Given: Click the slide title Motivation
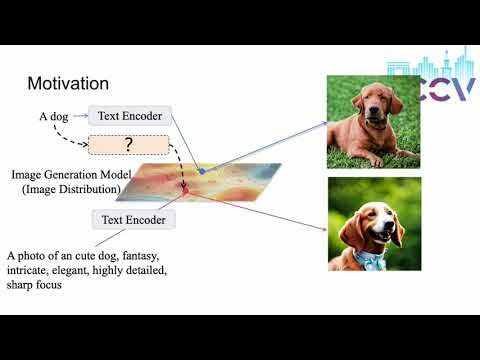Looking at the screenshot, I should coord(68,83).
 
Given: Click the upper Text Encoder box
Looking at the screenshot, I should coord(131,116).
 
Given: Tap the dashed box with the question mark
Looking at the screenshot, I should coord(131,145).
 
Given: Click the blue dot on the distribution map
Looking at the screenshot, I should coord(201,172).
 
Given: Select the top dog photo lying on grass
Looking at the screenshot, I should coord(375,121).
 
